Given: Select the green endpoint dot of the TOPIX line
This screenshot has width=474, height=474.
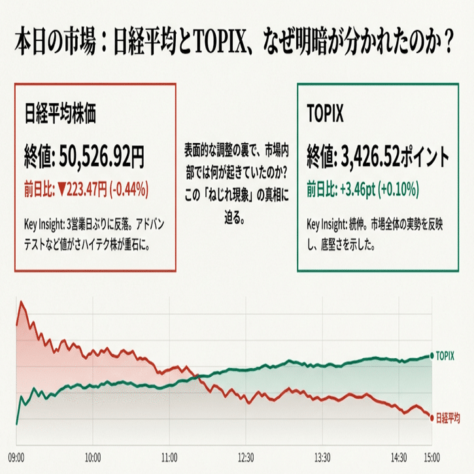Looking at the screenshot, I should [432, 355].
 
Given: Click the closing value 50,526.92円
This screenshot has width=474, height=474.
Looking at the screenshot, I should [101, 156].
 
